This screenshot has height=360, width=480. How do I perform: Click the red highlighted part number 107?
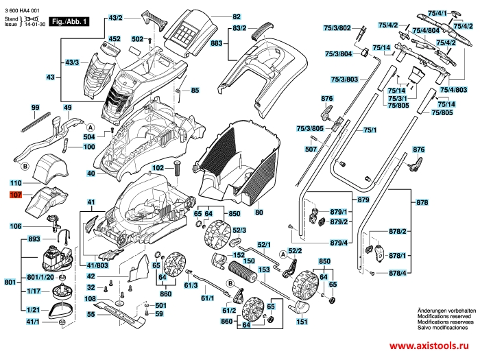tap(16, 194)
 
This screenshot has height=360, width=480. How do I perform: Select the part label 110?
tap(16, 183)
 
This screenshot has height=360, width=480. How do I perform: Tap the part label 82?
tap(237, 16)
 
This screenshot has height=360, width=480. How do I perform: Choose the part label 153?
tap(263, 271)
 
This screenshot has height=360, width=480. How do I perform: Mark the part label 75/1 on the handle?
tap(370, 130)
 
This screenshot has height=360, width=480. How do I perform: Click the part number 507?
tap(311, 149)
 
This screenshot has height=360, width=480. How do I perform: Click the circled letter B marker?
tap(25, 167)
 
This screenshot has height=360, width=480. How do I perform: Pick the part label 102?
tap(158, 167)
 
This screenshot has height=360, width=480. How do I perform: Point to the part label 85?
tap(195, 91)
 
